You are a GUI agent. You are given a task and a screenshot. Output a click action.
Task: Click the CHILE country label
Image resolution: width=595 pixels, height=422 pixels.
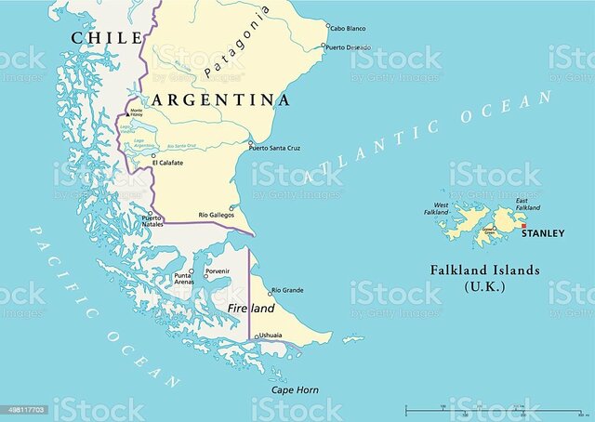(107, 38)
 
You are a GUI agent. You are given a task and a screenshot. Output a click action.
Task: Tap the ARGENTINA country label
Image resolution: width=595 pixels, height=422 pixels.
(220, 99)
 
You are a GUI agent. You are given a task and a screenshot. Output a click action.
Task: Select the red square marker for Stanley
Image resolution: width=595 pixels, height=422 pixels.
(523, 225)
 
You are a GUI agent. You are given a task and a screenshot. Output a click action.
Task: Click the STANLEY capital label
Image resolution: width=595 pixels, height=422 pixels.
(542, 234)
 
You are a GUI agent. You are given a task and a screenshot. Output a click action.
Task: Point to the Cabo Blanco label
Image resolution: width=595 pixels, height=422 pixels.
(349, 28)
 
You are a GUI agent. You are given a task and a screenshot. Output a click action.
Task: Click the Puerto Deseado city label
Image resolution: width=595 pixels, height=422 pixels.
(350, 47)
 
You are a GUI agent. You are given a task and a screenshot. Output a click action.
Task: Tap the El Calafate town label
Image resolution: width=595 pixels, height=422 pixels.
(166, 164)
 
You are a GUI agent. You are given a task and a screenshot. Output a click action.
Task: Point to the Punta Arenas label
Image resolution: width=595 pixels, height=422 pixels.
(183, 279)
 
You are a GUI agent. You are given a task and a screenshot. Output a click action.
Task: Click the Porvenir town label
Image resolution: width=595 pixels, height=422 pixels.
(218, 272)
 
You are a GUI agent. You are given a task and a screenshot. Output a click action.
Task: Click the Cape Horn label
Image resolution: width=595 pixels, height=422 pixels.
(295, 389)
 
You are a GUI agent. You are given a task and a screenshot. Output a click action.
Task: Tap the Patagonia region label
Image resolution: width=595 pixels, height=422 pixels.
(237, 42)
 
